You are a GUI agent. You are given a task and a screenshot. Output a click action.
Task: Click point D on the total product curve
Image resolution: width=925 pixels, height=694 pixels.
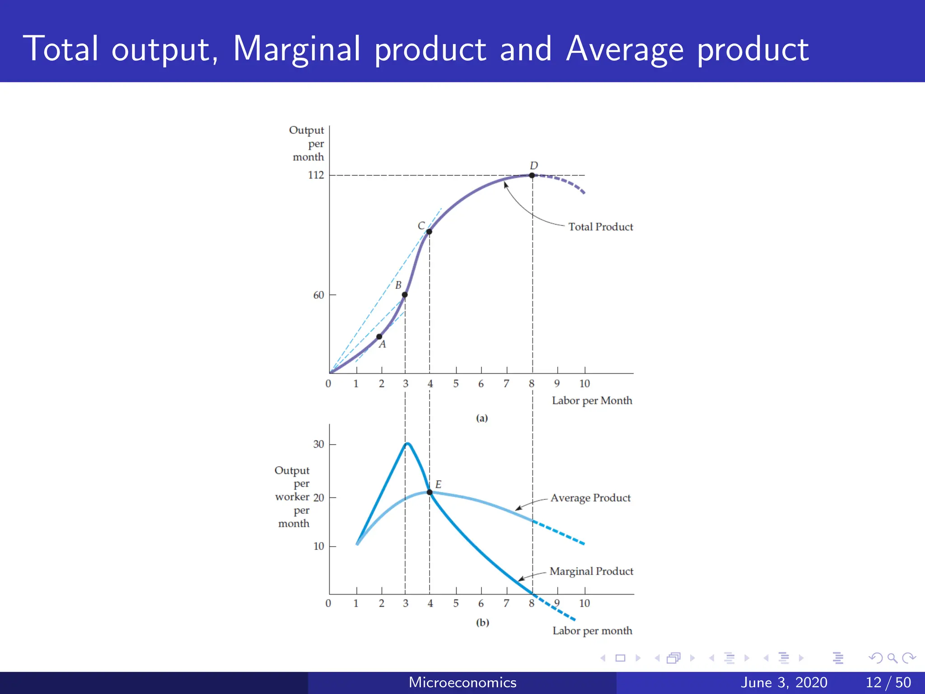[532, 175]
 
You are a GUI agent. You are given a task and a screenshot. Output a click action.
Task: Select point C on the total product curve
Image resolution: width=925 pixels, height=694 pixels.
[429, 232]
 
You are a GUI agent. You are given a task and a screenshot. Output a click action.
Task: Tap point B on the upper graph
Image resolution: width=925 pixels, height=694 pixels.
[405, 295]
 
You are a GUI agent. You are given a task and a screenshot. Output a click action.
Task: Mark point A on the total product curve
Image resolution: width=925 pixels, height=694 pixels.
[379, 337]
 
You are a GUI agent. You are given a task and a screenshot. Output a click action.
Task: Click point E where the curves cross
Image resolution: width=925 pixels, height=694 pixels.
[430, 492]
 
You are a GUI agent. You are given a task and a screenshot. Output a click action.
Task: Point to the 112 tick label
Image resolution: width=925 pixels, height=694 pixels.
[316, 175]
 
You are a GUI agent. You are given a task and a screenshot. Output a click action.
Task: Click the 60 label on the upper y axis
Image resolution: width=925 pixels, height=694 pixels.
[318, 295]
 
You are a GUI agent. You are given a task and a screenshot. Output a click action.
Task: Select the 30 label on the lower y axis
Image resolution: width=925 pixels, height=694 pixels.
[318, 444]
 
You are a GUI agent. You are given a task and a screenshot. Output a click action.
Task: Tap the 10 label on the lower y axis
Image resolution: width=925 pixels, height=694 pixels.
[318, 546]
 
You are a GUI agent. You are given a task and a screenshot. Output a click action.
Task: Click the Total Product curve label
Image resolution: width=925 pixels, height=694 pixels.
[600, 227]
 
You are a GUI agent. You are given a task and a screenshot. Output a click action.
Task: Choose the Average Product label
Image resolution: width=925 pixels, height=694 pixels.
[590, 498]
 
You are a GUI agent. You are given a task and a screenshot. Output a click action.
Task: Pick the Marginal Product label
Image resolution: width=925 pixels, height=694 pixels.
[591, 572]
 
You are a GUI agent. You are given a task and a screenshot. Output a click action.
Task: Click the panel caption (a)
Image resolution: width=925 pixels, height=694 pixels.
[482, 418]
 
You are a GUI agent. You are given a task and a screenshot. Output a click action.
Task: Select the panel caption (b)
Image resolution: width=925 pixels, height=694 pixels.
[482, 623]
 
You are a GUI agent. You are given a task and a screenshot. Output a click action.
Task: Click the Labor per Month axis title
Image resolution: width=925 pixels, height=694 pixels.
[592, 401]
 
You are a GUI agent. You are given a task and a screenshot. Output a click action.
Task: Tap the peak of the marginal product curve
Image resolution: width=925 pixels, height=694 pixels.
[407, 444]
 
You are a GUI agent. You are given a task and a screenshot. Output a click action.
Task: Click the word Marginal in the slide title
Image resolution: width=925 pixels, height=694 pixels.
[296, 49]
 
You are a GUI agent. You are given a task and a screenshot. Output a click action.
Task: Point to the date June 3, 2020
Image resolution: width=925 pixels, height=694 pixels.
[784, 682]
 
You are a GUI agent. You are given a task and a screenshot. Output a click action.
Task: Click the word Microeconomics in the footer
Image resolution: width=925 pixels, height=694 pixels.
[462, 682]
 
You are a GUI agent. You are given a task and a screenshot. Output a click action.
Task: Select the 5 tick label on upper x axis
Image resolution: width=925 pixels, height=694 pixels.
[456, 384]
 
